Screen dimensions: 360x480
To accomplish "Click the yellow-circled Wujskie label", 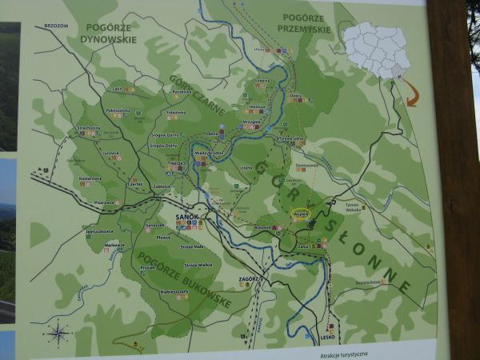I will [x=301, y=213].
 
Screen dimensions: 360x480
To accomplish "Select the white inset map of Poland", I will [x=377, y=49].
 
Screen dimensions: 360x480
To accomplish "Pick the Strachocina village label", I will [x=89, y=126].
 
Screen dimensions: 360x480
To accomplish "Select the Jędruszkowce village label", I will [x=100, y=231].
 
